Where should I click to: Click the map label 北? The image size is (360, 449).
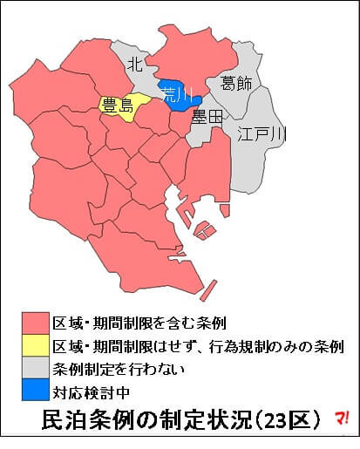[133, 64]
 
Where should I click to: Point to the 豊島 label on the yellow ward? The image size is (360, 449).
[116, 107]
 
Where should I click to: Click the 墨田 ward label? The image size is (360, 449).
[208, 116]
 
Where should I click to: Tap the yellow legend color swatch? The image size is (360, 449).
[36, 344]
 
